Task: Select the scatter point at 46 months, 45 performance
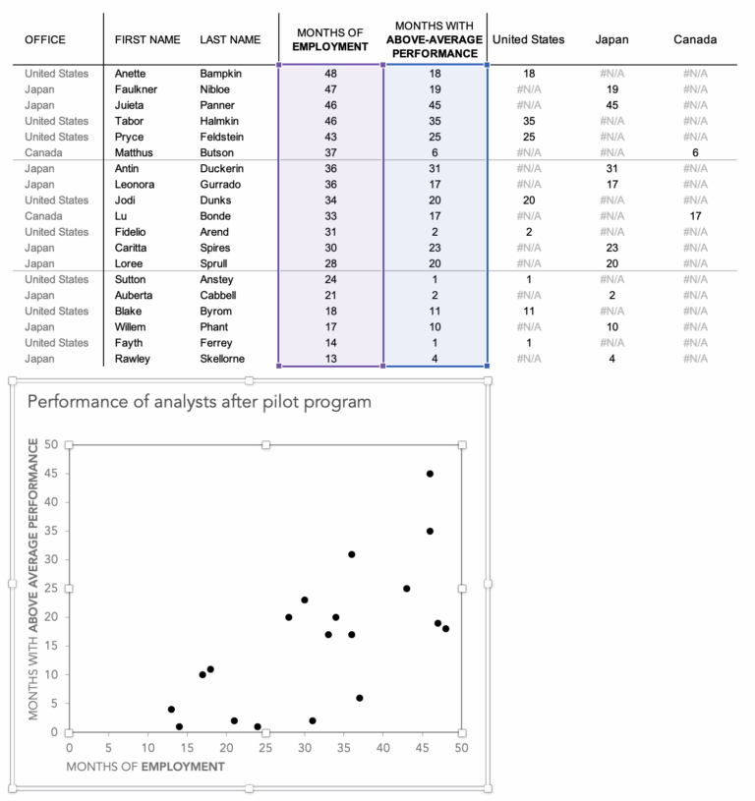tap(430, 474)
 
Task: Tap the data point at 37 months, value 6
tap(359, 698)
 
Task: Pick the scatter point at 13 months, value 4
tap(171, 710)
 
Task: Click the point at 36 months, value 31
tap(351, 554)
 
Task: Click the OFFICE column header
tap(45, 40)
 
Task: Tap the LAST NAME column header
tap(230, 40)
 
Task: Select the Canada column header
tap(695, 40)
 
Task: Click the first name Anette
tap(133, 74)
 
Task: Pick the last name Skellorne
tap(222, 359)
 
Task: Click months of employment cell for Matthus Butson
tap(331, 152)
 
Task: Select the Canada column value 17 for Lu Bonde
tap(695, 216)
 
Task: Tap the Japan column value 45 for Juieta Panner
tap(611, 105)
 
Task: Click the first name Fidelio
tap(134, 232)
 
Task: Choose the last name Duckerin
tap(222, 169)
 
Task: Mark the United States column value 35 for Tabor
tap(528, 121)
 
